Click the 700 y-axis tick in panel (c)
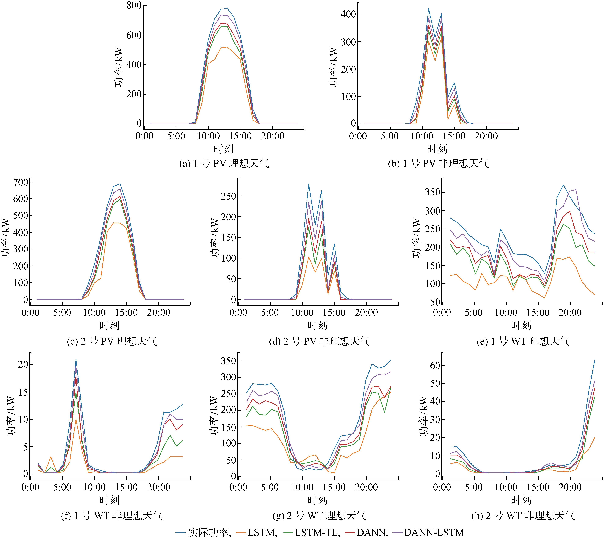click(x=21, y=182)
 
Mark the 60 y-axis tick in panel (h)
click(x=435, y=365)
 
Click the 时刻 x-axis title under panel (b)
click(x=437, y=149)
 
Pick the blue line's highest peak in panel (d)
click(x=309, y=184)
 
